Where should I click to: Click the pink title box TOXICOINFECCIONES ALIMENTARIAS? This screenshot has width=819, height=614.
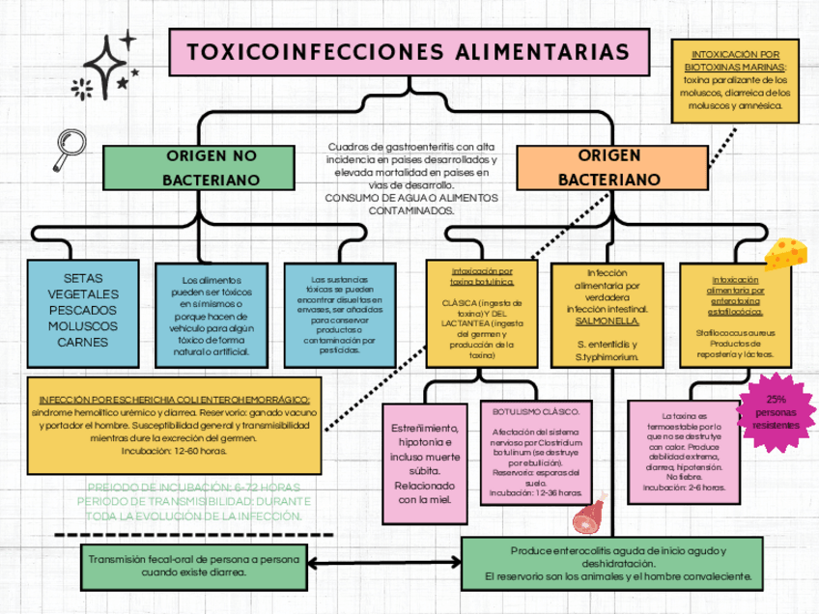pyautogui.click(x=409, y=52)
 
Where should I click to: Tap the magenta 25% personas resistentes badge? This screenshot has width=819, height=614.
pyautogui.click(x=776, y=412)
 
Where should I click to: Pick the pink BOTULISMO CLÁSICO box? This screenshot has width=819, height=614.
pyautogui.click(x=536, y=452)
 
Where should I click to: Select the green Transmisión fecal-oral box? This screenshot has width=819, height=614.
pyautogui.click(x=193, y=566)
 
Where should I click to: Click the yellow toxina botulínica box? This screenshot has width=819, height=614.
pyautogui.click(x=481, y=314)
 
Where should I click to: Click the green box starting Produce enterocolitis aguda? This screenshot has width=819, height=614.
pyautogui.click(x=618, y=564)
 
